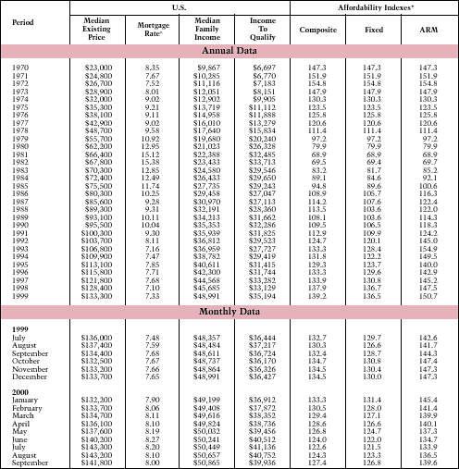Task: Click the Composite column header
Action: [x=318, y=29]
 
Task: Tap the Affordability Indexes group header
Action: [x=373, y=6]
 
